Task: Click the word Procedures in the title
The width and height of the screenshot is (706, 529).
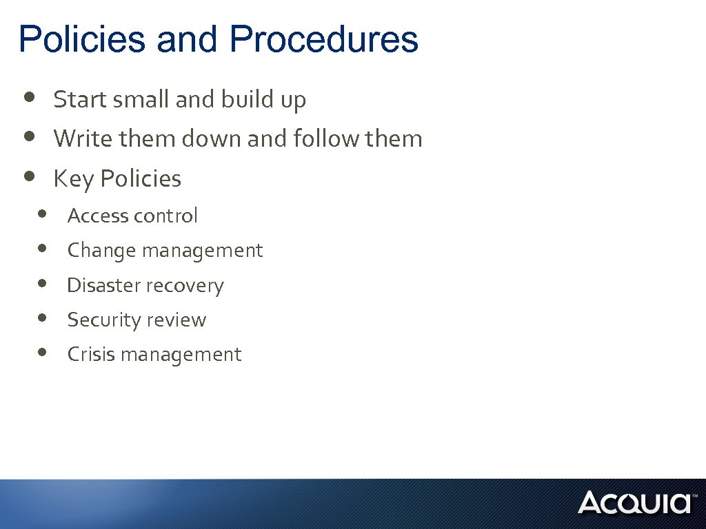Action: [x=324, y=39]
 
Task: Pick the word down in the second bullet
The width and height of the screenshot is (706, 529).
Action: [x=212, y=139]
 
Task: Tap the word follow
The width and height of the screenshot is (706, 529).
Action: [x=327, y=139]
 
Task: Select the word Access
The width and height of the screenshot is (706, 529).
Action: [x=98, y=216]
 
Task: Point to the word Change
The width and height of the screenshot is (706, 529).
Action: [x=101, y=251]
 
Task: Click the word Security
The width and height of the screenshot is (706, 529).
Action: [x=102, y=320]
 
